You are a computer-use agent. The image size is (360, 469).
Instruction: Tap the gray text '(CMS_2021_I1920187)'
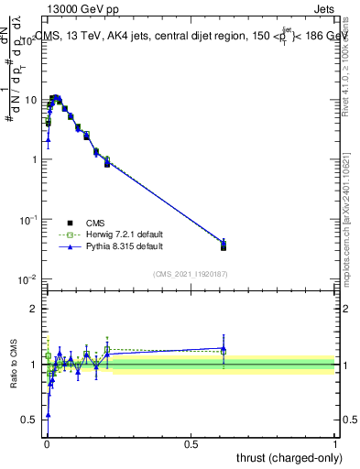coord(191,273)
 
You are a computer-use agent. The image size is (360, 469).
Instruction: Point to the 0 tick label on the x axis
coord(47,443)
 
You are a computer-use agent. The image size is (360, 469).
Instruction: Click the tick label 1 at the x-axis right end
coord(335,443)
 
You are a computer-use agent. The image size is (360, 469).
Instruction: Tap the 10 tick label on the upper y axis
coord(30,100)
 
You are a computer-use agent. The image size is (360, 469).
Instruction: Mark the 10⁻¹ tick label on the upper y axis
coord(28,220)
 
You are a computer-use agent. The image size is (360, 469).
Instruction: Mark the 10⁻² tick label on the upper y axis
coord(28,279)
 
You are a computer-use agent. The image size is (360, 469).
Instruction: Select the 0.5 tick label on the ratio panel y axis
coord(30,420)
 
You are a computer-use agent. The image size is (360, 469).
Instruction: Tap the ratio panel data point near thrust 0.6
coord(224,349)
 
